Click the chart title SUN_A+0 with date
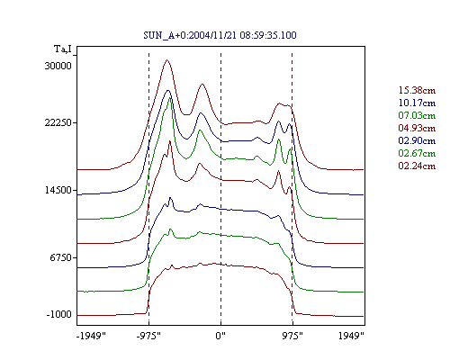(x=220, y=35)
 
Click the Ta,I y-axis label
(x=63, y=49)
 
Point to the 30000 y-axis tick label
(x=58, y=66)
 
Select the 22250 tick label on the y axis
(x=58, y=122)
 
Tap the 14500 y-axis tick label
(x=58, y=190)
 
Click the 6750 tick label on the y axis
(x=61, y=257)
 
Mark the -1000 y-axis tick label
(x=58, y=314)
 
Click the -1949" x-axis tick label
(x=91, y=336)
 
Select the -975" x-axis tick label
(x=148, y=336)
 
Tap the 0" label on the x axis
(x=220, y=336)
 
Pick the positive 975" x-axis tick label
(x=292, y=336)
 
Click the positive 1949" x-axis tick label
(x=351, y=336)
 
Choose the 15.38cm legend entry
(x=417, y=90)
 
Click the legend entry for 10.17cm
(x=417, y=103)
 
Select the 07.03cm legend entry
(x=417, y=115)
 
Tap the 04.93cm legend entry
(x=417, y=128)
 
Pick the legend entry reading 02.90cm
(x=417, y=140)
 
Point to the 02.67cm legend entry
(x=417, y=153)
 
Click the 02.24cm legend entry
(x=417, y=166)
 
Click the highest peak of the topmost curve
(x=166, y=60)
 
